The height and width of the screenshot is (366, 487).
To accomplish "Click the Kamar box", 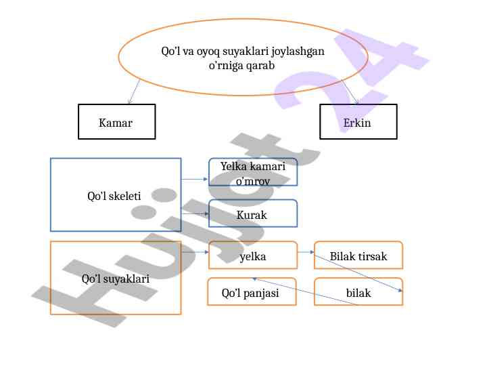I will pos(116,122).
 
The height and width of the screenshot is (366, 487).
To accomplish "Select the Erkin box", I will pos(358,122).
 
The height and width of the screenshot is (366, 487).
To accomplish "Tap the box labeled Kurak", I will pos(252,214).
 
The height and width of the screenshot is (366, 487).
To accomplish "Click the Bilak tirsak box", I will pos(358,256).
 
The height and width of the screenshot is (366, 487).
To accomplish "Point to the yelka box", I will pos(252,256).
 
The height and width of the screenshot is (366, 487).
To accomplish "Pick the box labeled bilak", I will pos(358,293).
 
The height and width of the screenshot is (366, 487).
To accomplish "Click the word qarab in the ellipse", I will pos(261,66).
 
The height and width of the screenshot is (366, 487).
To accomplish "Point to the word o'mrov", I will pos(253,180).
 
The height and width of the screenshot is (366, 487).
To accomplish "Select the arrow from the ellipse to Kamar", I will pos(133,91).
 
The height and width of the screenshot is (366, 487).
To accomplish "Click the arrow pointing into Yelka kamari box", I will pos(195,180).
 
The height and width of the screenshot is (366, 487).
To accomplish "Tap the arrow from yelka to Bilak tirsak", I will pos(306,253).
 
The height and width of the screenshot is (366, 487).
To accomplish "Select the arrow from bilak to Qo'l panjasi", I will pos(304,291).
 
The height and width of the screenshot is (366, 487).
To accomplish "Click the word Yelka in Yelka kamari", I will pos(234,167).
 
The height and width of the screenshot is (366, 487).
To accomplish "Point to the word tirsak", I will pos(373,256).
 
